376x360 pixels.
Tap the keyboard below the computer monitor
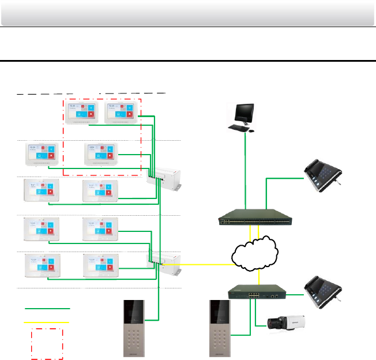click(238, 127)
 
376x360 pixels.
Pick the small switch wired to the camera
click(256, 293)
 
